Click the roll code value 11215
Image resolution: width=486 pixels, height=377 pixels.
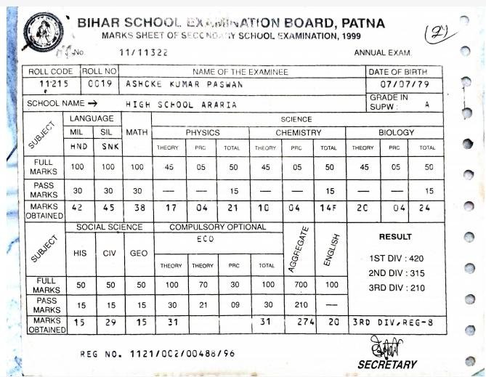(x=50, y=84)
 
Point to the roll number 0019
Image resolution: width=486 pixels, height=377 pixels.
(x=98, y=84)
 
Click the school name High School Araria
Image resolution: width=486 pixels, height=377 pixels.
(x=182, y=105)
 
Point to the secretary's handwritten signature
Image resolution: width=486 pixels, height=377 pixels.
(x=385, y=348)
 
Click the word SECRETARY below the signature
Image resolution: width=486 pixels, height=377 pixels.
(x=387, y=364)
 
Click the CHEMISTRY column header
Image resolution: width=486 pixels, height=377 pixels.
(x=298, y=133)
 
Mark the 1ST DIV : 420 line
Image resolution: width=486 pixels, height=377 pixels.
(x=396, y=258)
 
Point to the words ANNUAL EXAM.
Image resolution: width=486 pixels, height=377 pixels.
(x=383, y=52)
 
